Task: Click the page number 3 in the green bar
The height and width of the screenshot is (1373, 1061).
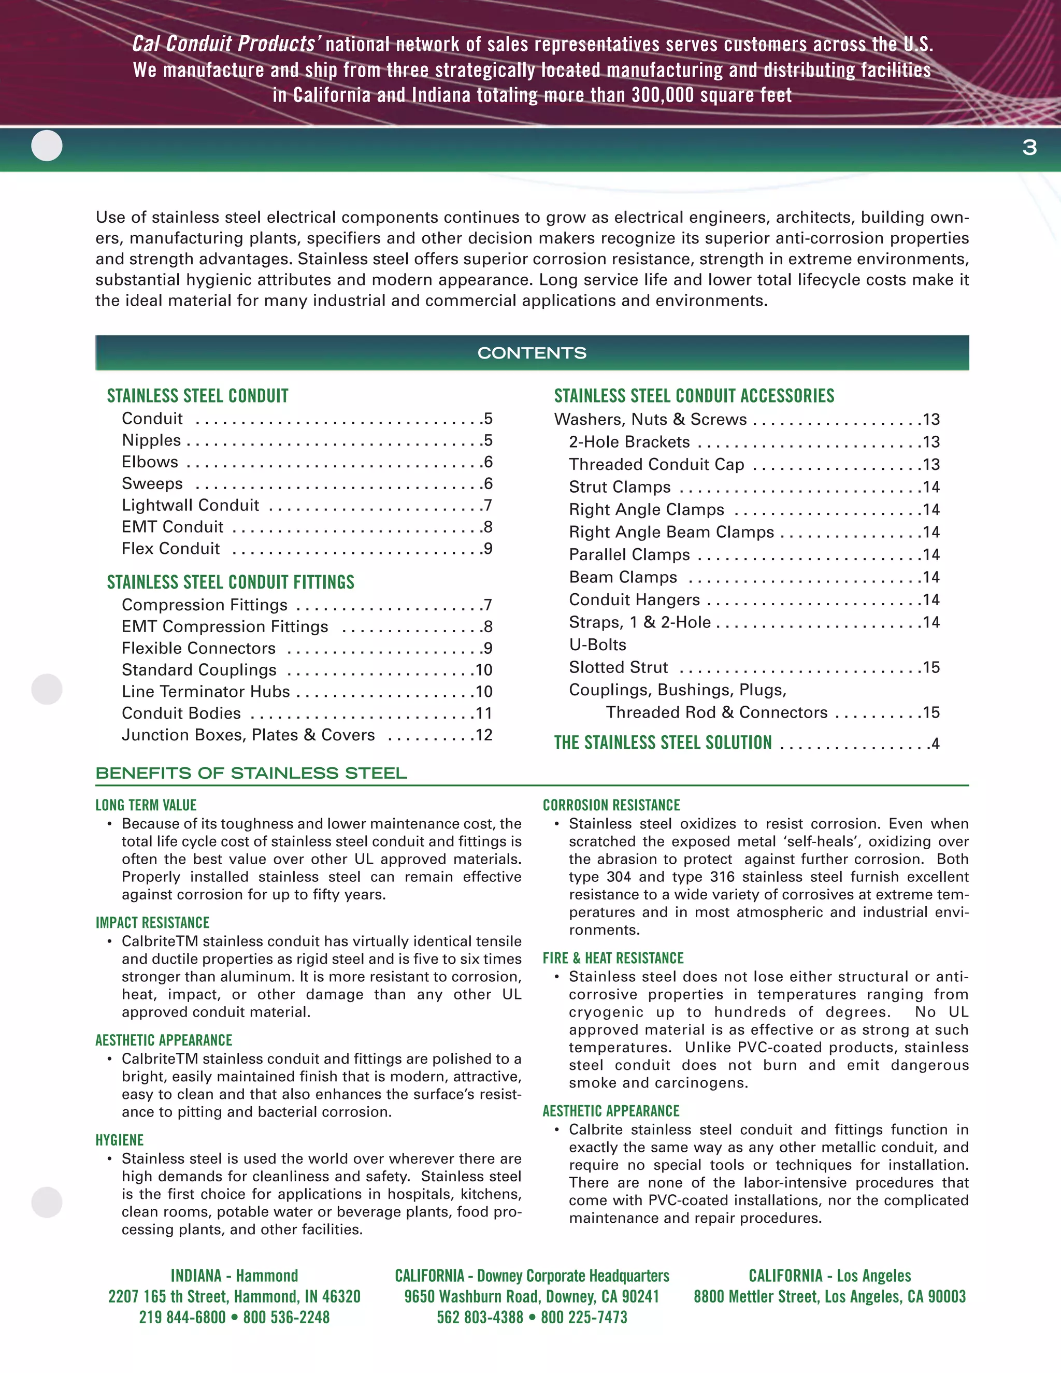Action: [1029, 148]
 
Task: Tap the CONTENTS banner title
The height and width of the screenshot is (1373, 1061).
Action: [532, 353]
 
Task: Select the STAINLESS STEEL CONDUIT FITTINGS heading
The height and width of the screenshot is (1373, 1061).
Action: [230, 582]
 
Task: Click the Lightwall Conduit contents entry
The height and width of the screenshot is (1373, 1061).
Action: [191, 506]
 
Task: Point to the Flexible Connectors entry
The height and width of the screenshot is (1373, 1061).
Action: [198, 648]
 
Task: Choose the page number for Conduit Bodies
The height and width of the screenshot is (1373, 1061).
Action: [483, 713]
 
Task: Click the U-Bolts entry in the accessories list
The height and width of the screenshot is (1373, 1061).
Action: [597, 645]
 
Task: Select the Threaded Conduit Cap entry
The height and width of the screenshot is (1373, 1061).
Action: [656, 465]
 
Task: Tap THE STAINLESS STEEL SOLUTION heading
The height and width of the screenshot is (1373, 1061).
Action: [663, 743]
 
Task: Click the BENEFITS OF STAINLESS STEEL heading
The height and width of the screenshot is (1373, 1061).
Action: [251, 773]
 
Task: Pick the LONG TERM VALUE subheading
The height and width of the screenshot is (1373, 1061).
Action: [146, 805]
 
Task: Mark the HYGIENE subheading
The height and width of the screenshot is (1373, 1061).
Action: [120, 1140]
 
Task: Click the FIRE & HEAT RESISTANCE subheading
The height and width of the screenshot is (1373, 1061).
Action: [613, 958]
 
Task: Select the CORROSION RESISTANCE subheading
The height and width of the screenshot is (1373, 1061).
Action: [611, 805]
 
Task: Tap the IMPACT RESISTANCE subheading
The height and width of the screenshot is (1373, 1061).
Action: [153, 923]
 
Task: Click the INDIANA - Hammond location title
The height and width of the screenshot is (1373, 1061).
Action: [235, 1276]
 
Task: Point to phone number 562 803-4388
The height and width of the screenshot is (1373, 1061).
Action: [480, 1317]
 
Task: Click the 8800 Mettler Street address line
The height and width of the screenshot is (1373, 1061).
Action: [829, 1296]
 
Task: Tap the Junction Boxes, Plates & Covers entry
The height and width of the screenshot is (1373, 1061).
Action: [248, 735]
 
